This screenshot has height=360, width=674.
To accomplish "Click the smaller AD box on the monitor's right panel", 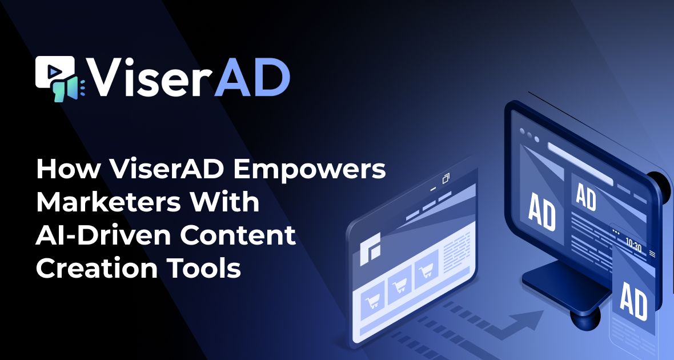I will pyautogui.click(x=586, y=197).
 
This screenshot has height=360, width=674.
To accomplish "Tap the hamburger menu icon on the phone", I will pyautogui.click(x=652, y=253).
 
